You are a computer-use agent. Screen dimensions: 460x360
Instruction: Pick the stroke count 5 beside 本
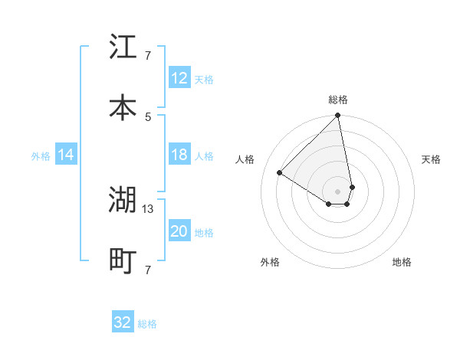(x=148, y=116)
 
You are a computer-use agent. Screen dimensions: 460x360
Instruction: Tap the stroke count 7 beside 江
(x=148, y=56)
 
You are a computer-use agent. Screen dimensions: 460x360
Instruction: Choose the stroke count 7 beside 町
(x=148, y=270)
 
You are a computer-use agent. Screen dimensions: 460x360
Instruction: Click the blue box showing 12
(x=179, y=78)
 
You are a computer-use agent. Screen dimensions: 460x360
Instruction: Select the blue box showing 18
(x=179, y=155)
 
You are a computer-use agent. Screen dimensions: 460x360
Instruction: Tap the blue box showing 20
(x=179, y=231)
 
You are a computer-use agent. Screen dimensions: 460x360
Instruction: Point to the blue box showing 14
(x=66, y=155)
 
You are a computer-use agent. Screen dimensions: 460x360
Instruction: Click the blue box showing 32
(x=123, y=322)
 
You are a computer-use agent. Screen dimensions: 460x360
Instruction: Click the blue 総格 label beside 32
(x=147, y=324)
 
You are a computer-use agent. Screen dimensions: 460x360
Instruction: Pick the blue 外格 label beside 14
(x=41, y=156)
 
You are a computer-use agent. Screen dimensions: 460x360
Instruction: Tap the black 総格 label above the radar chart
(x=338, y=100)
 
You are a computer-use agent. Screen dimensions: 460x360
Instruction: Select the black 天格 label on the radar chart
(x=432, y=159)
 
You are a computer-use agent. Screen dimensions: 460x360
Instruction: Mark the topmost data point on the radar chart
(x=337, y=116)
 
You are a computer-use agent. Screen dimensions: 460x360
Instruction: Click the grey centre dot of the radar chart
(x=337, y=191)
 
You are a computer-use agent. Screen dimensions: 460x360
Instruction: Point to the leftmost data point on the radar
(x=280, y=172)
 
